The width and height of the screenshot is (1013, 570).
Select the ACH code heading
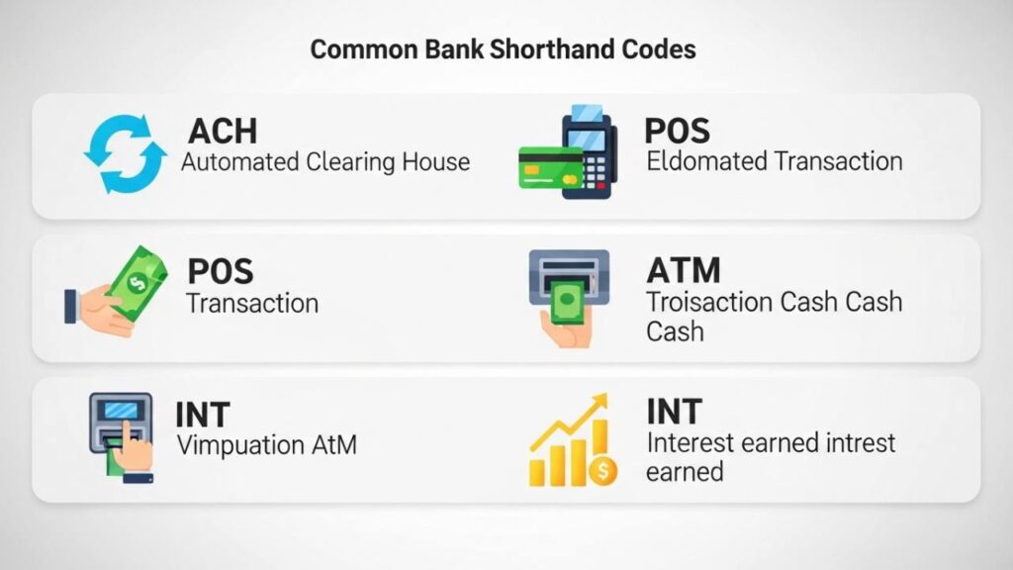coord(223,131)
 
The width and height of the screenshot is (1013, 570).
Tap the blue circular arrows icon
coord(125,154)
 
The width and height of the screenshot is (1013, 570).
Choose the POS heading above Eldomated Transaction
coord(677,130)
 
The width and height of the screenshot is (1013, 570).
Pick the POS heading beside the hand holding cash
coord(220,271)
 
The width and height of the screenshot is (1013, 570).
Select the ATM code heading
coord(684,270)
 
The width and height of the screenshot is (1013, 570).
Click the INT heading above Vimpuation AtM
coord(203,414)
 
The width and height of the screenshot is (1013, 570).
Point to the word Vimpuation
coord(238,445)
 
